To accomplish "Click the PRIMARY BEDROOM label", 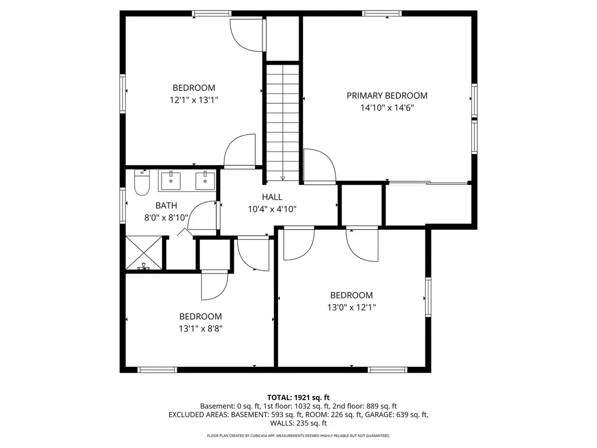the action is click(x=387, y=96).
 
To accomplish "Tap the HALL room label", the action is click(x=272, y=197).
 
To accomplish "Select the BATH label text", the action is click(x=166, y=206).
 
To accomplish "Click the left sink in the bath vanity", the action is click(x=171, y=180).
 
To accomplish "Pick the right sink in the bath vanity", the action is click(x=205, y=180).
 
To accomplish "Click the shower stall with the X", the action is click(x=144, y=253).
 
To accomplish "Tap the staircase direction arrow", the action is click(x=283, y=177).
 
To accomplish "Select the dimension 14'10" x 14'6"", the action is click(x=387, y=108).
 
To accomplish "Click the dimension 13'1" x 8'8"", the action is click(x=201, y=328).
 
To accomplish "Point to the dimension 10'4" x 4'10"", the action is click(x=272, y=209).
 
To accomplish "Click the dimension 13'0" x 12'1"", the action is click(x=352, y=307).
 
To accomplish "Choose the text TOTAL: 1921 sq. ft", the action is click(x=298, y=398).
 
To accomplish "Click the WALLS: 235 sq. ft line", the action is click(x=298, y=423).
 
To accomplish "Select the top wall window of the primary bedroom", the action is click(x=382, y=14).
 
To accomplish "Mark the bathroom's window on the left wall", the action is click(x=122, y=205).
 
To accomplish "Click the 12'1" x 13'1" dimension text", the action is click(x=194, y=100).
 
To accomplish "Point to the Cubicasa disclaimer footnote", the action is click(x=298, y=435).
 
